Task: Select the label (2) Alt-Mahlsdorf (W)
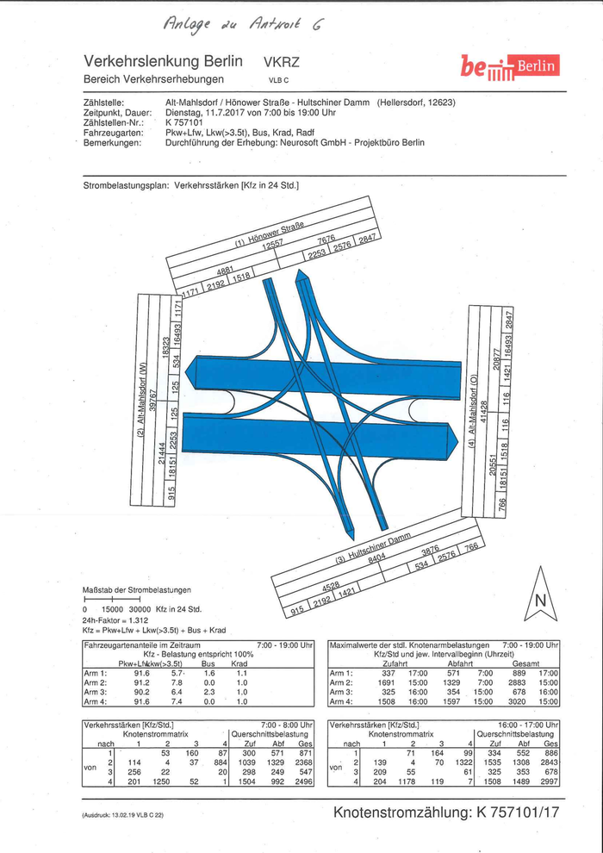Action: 142,395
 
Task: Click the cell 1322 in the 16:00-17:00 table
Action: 464,763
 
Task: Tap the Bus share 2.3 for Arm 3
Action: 208,691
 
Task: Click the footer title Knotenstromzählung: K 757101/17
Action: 446,813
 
